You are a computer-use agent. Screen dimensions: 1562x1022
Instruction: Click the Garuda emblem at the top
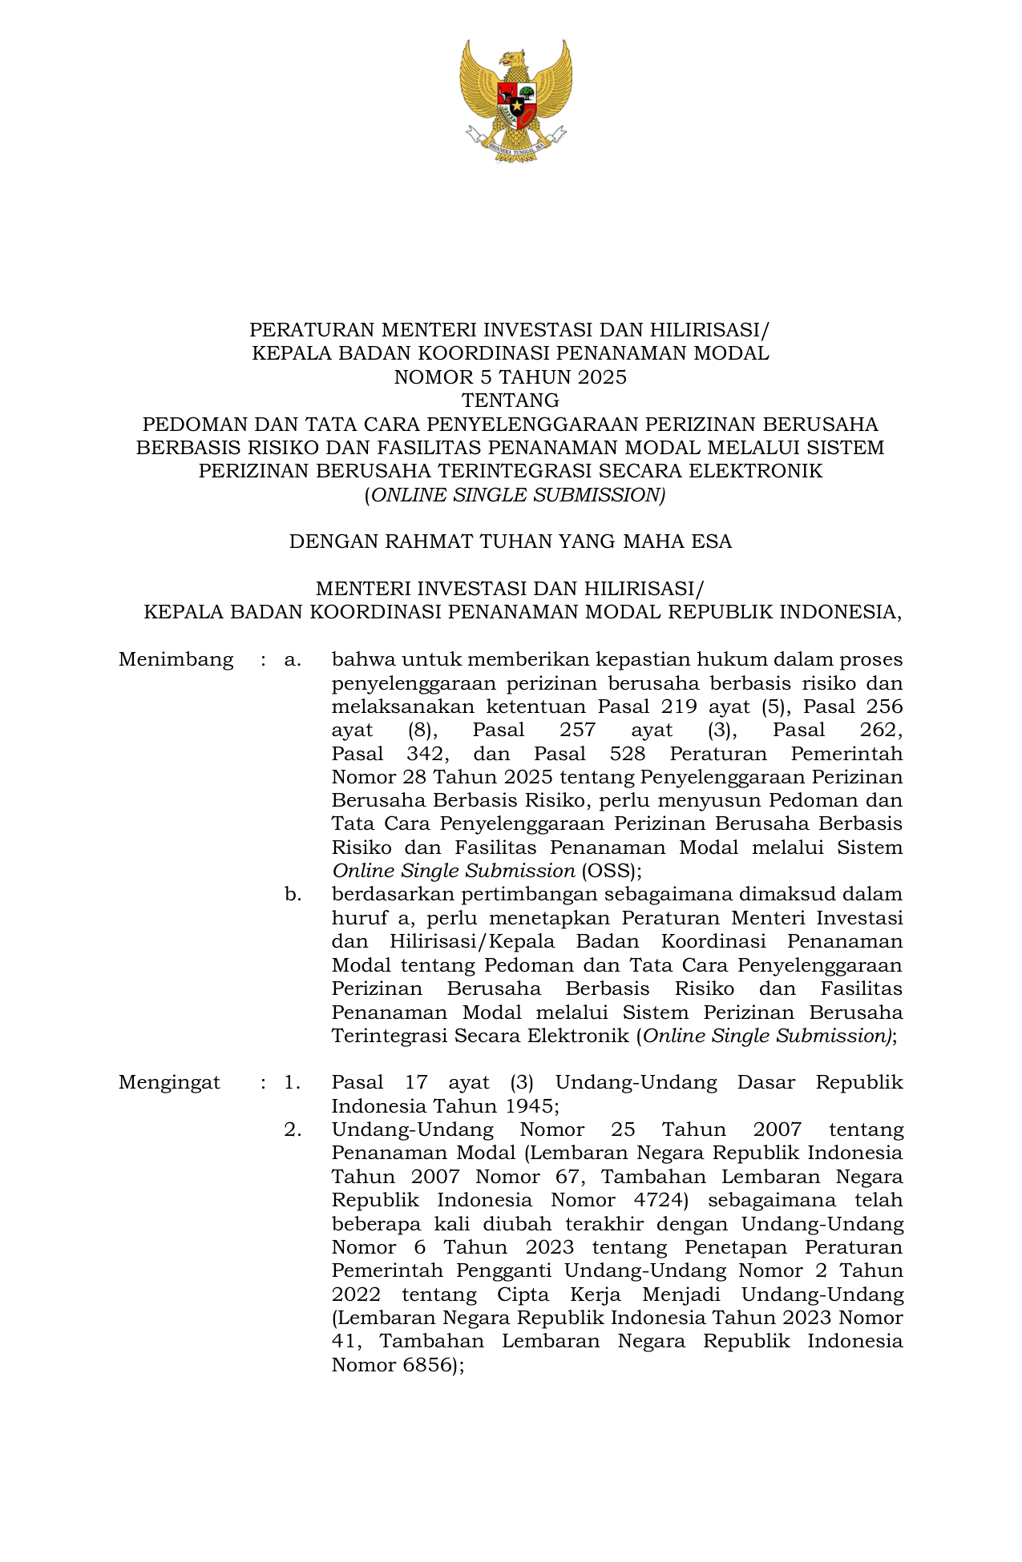pyautogui.click(x=515, y=99)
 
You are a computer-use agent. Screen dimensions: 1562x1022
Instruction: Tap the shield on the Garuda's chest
pyautogui.click(x=516, y=103)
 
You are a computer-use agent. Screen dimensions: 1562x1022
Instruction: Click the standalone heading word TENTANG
pyautogui.click(x=511, y=400)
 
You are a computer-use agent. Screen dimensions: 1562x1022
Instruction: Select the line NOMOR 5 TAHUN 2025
pyautogui.click(x=511, y=376)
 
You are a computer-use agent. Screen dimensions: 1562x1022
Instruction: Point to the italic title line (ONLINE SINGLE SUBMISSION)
pyautogui.click(x=515, y=495)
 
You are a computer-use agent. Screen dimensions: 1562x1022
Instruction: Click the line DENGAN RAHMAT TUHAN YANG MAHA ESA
pyautogui.click(x=511, y=541)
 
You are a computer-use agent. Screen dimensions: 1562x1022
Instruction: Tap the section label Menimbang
pyautogui.click(x=176, y=660)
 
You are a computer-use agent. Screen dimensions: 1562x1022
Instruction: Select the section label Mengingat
pyautogui.click(x=169, y=1083)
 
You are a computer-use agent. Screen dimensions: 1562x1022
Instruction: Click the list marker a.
pyautogui.click(x=292, y=660)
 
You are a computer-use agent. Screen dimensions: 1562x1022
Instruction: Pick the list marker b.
pyautogui.click(x=293, y=895)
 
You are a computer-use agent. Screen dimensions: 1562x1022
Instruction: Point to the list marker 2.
pyautogui.click(x=293, y=1130)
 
